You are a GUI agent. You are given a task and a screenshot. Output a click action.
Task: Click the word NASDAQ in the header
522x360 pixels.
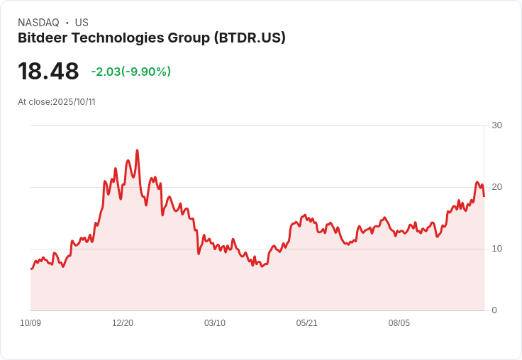[x=38, y=23]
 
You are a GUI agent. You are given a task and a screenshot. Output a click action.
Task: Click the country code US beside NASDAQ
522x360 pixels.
[x=82, y=23]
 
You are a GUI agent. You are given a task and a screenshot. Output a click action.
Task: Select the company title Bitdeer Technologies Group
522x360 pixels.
[x=113, y=38]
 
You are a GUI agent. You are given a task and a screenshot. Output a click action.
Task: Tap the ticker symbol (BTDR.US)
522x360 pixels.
[x=250, y=38]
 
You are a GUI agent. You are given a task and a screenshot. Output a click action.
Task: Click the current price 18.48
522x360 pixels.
[x=48, y=72]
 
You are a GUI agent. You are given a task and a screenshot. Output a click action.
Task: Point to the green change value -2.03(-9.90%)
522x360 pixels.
[x=131, y=72]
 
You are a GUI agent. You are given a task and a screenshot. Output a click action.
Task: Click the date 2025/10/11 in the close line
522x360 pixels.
[x=74, y=102]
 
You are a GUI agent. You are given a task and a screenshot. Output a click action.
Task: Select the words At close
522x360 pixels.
[x=34, y=102]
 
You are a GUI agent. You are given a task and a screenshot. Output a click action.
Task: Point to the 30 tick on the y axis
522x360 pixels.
[x=496, y=125]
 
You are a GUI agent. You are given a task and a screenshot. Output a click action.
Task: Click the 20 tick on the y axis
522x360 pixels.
[x=496, y=187]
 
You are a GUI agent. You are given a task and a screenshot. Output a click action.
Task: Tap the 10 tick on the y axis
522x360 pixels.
[x=496, y=249]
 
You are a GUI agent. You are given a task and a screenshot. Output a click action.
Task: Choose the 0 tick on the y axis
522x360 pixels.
[x=494, y=310]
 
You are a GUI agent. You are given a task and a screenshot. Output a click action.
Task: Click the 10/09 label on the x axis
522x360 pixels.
[x=30, y=323]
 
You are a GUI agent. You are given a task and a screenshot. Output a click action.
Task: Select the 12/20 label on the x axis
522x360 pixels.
[x=123, y=323]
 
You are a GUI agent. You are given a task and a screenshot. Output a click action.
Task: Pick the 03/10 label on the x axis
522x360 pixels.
[x=215, y=323]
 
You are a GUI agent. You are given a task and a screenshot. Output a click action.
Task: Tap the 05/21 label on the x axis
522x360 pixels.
[x=307, y=323]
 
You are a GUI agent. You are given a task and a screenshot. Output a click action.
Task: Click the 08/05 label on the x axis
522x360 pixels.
[x=399, y=323]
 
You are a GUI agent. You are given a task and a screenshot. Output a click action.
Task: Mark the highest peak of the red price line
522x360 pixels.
[x=137, y=150]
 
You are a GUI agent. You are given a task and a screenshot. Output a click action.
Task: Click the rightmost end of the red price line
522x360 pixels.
[x=484, y=196]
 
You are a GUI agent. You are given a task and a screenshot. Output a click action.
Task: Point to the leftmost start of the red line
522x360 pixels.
[x=31, y=269]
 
